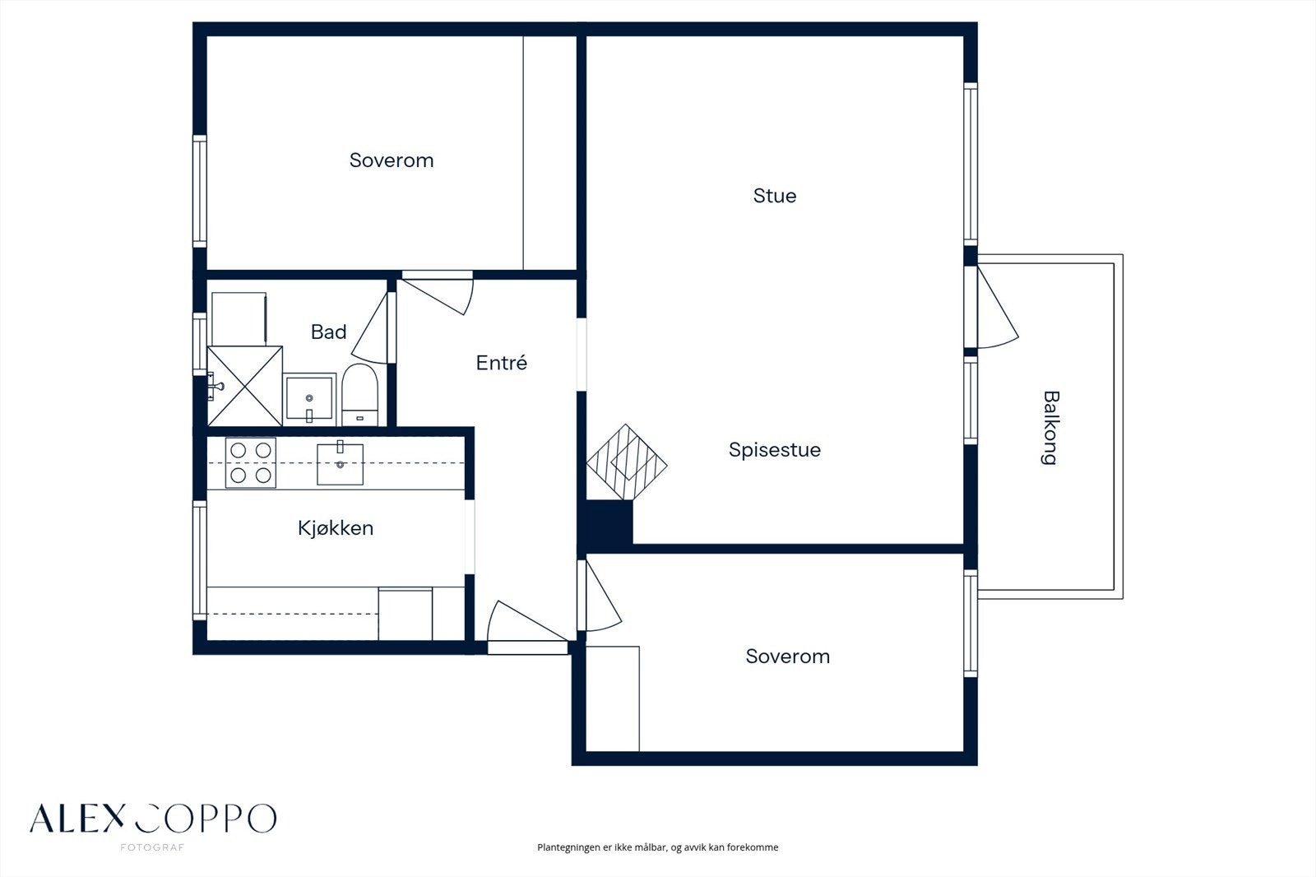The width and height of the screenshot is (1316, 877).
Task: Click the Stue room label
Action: tap(774, 196)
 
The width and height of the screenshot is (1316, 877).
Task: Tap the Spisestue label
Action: tap(774, 450)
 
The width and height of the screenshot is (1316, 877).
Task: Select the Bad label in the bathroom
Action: tap(328, 332)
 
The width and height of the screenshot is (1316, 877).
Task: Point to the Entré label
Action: tap(501, 363)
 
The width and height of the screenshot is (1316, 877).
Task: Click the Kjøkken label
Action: tap(336, 528)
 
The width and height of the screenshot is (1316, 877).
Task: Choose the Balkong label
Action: tap(1050, 428)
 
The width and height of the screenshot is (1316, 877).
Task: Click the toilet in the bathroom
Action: tap(359, 394)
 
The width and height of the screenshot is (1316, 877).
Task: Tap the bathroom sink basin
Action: tap(309, 399)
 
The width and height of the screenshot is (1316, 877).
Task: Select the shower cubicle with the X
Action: tap(245, 386)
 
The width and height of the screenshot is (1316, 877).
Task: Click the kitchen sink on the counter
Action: tap(341, 464)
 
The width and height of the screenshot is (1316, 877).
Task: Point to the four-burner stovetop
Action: tap(251, 462)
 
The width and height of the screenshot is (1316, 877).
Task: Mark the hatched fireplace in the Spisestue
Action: tap(627, 462)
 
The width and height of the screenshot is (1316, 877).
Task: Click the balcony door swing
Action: tap(997, 307)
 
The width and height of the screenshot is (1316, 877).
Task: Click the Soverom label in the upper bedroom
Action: tap(392, 160)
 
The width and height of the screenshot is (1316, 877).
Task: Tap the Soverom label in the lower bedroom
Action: tap(788, 657)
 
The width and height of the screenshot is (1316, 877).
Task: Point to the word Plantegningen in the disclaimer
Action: tap(568, 847)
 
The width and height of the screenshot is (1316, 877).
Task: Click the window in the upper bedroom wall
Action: tap(200, 191)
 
